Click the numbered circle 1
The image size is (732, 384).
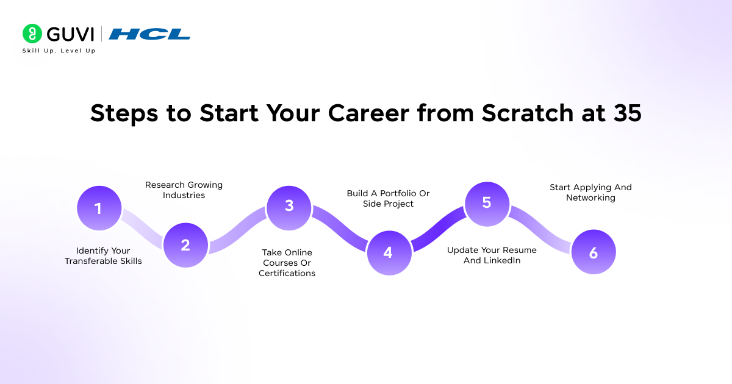pos(99,208)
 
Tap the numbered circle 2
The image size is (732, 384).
pos(185,245)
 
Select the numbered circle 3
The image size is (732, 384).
pos(289,206)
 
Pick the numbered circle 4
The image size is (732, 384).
pos(388,252)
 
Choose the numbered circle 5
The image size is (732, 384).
pos(487,202)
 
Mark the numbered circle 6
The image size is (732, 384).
pos(593,252)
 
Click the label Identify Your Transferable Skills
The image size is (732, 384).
pos(103,256)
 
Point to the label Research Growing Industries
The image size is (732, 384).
pos(184,190)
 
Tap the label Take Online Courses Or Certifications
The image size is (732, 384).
pos(287,263)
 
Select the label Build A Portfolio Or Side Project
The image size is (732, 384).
pos(388,199)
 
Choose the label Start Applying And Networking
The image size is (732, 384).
pos(590,193)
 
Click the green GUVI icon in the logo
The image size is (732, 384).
pos(32,34)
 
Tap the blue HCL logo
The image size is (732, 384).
pos(149,34)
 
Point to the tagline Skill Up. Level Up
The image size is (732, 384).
pos(59,51)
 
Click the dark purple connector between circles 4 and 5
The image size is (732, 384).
pos(437,227)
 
